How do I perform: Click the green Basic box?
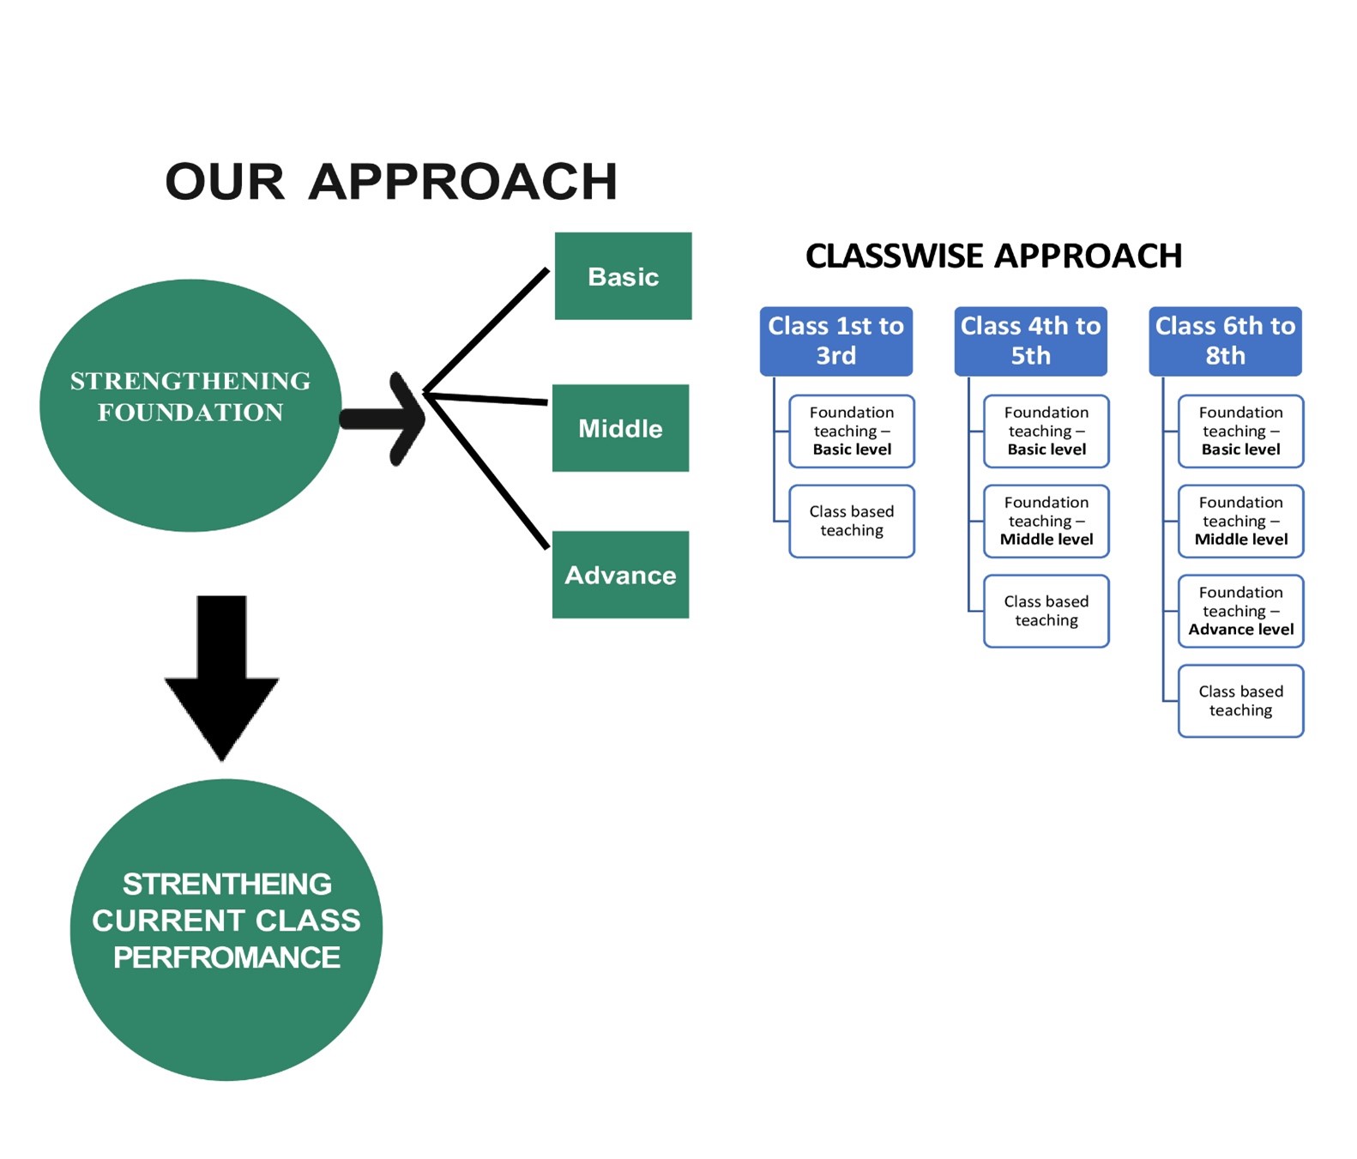coord(623,276)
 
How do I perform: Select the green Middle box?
coord(620,428)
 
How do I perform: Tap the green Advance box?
coord(620,575)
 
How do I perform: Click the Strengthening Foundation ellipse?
coord(190,405)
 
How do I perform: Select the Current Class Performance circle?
coord(226,929)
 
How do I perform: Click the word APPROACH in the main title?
coord(462,182)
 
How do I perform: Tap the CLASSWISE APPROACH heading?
coord(993,256)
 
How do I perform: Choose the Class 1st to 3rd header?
coord(835,341)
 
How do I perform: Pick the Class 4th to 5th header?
coord(1030,341)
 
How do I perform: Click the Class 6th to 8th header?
coord(1225,341)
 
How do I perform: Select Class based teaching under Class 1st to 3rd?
coord(852,521)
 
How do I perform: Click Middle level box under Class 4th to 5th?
coord(1046,521)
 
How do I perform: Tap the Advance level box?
coord(1240,611)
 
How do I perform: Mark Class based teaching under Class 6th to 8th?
coord(1240,701)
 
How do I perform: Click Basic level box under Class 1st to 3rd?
coord(852,431)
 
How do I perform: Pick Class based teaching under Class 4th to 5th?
coord(1046,611)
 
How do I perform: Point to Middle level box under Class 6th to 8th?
coord(1240,521)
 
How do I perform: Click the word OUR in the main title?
coord(225,182)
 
